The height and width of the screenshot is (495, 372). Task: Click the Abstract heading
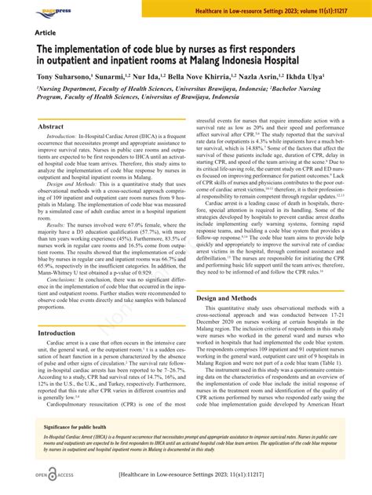[51, 126]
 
